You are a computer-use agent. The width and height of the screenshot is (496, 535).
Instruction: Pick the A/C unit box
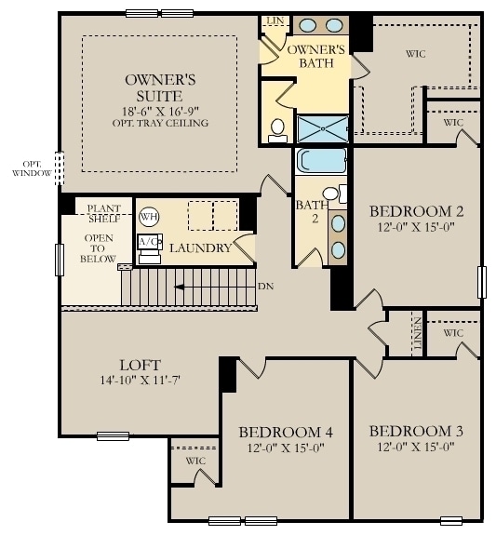(x=148, y=242)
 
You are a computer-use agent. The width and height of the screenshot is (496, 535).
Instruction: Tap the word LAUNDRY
(x=199, y=248)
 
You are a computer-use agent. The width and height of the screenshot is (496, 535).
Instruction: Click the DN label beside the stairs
(x=265, y=287)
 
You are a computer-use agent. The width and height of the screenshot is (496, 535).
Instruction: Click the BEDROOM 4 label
(x=286, y=432)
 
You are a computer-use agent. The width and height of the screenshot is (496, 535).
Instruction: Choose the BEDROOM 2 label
(x=417, y=210)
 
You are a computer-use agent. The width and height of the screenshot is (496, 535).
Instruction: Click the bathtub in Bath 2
(x=321, y=160)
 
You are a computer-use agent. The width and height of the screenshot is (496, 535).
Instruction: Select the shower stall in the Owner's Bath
(x=322, y=128)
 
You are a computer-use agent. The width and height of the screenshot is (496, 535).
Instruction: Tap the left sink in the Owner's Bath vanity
(x=306, y=26)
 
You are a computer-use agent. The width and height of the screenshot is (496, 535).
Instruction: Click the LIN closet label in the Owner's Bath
(x=275, y=20)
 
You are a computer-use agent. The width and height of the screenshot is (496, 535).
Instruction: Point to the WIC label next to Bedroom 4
(x=195, y=461)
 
